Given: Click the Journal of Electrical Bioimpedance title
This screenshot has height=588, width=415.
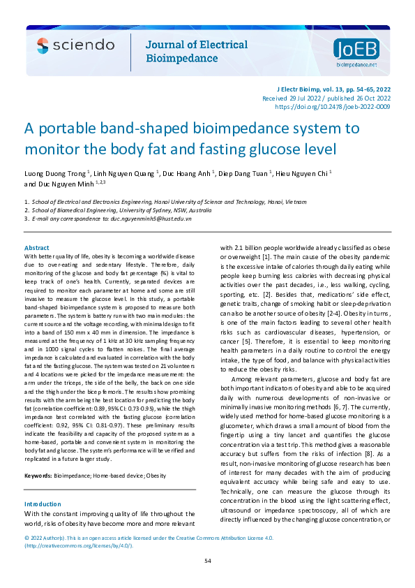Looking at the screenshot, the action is click(195, 52).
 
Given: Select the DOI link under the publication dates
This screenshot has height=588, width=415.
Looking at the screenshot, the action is click(333, 107).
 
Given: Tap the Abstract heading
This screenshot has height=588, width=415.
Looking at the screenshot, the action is click(37, 248).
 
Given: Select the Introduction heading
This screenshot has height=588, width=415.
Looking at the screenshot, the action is click(43, 504).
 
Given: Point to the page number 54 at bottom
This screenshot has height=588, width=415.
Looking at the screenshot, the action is click(207, 561).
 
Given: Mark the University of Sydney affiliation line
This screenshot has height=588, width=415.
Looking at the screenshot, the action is click(121, 210).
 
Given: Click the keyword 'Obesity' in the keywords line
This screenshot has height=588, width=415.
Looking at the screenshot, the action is click(156, 476).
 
